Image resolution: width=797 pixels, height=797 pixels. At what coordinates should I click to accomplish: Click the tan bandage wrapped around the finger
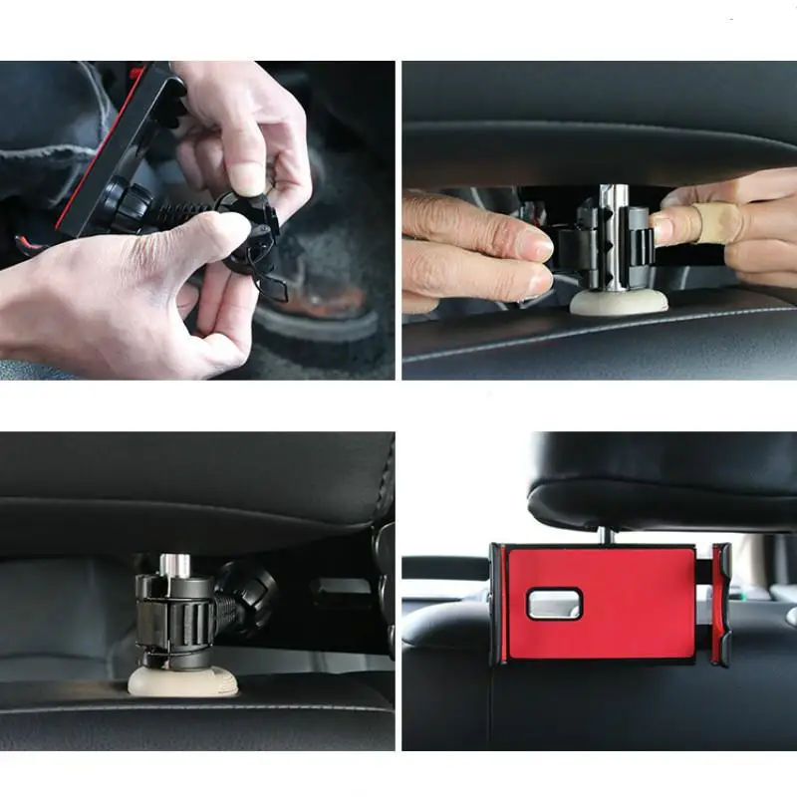coord(712,225)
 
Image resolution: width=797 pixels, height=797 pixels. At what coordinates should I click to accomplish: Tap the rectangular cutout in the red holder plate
coord(553,603)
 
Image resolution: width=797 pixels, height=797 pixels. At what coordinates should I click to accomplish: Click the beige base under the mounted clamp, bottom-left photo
coord(182,681)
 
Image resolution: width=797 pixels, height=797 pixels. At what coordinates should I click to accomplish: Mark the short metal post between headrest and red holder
coord(606,536)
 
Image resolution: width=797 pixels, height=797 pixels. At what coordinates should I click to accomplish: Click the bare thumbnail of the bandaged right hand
coord(662,228)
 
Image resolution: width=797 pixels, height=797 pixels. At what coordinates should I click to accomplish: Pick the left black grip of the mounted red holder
coord(495,603)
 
